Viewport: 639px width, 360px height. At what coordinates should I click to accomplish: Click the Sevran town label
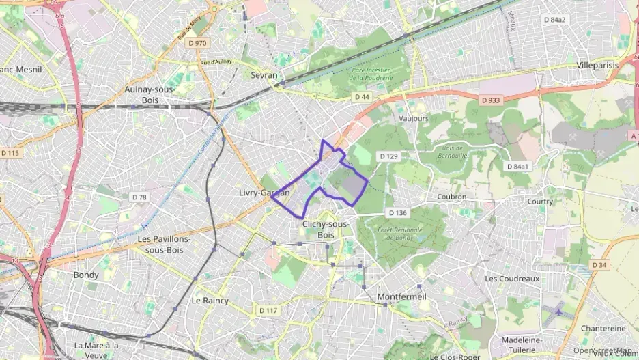pyautogui.click(x=264, y=75)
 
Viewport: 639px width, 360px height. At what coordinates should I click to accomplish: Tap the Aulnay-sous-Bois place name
pyautogui.click(x=150, y=94)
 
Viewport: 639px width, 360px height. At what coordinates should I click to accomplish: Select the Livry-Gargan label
pyautogui.click(x=264, y=193)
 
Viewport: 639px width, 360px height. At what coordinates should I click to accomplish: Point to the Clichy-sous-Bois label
pyautogui.click(x=325, y=229)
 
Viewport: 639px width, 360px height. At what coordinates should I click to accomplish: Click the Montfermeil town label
pyautogui.click(x=401, y=296)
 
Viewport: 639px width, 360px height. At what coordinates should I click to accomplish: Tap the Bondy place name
pyautogui.click(x=86, y=275)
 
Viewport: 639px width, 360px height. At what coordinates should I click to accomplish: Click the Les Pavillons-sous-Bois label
pyautogui.click(x=164, y=245)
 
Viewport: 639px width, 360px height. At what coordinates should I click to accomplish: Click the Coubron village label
pyautogui.click(x=451, y=197)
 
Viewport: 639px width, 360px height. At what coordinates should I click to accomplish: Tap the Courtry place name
pyautogui.click(x=540, y=202)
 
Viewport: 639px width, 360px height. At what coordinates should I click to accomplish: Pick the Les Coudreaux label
pyautogui.click(x=512, y=279)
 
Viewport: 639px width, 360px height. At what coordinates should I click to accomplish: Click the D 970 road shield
pyautogui.click(x=197, y=43)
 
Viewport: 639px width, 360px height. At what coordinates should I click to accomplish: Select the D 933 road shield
pyautogui.click(x=489, y=101)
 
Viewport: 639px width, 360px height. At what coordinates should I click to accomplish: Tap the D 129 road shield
pyautogui.click(x=388, y=157)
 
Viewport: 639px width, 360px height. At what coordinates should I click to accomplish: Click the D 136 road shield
pyautogui.click(x=397, y=213)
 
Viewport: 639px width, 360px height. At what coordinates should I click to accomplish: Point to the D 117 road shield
pyautogui.click(x=268, y=311)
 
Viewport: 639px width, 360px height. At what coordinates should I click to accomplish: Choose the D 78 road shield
pyautogui.click(x=139, y=197)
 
